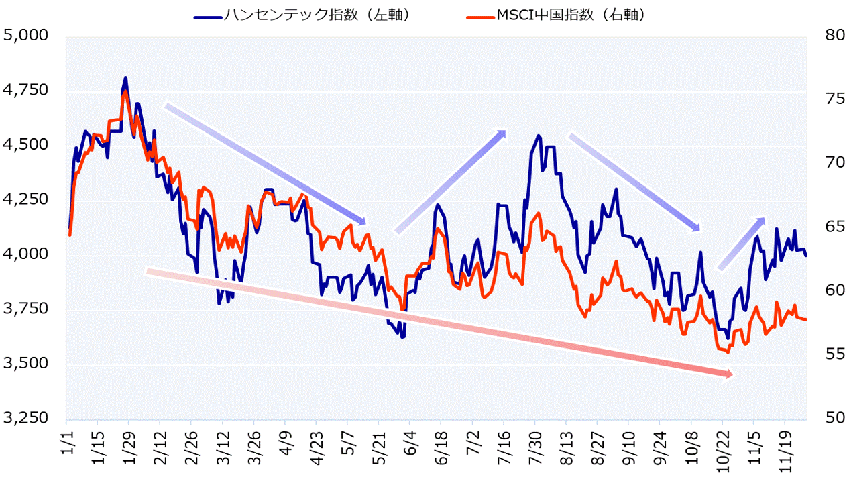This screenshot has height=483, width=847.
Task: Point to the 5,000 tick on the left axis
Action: pos(26,35)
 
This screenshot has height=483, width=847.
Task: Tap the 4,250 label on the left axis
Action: pos(26,199)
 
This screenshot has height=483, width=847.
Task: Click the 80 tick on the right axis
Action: pos(824,35)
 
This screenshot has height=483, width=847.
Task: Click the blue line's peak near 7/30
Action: pos(539,136)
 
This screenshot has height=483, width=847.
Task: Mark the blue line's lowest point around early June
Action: pos(402,337)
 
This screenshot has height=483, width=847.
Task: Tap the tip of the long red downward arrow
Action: pos(733,374)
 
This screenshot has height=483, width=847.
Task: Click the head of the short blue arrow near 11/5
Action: pos(764,219)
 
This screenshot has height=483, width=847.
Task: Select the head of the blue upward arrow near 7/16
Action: pos(504,131)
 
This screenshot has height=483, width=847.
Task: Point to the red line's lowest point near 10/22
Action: pos(727,352)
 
